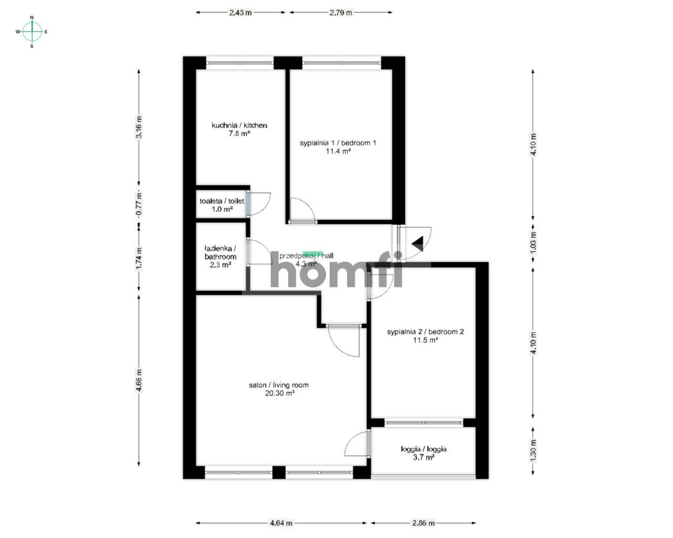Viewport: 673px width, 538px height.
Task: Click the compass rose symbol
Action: (32, 32)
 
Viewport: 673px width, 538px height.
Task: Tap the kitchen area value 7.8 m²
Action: (239, 133)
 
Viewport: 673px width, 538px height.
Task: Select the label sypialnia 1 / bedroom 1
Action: (338, 143)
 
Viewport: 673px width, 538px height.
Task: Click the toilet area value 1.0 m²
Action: (222, 209)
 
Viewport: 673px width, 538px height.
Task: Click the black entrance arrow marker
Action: (418, 243)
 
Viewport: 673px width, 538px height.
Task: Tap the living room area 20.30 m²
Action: (279, 393)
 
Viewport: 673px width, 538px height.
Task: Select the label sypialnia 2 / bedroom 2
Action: (425, 332)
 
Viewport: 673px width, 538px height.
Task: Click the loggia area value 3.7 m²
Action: (423, 458)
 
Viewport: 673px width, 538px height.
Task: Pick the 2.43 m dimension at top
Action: (240, 13)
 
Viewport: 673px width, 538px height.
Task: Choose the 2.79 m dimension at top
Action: (341, 13)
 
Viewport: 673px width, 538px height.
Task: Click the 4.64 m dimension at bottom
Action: (281, 523)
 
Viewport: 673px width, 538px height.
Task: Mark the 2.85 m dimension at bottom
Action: (424, 523)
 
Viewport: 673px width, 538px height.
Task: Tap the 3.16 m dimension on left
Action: (139, 127)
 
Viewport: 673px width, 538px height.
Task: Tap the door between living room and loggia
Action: (358, 445)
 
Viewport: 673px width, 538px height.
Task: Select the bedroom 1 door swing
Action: (302, 210)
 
